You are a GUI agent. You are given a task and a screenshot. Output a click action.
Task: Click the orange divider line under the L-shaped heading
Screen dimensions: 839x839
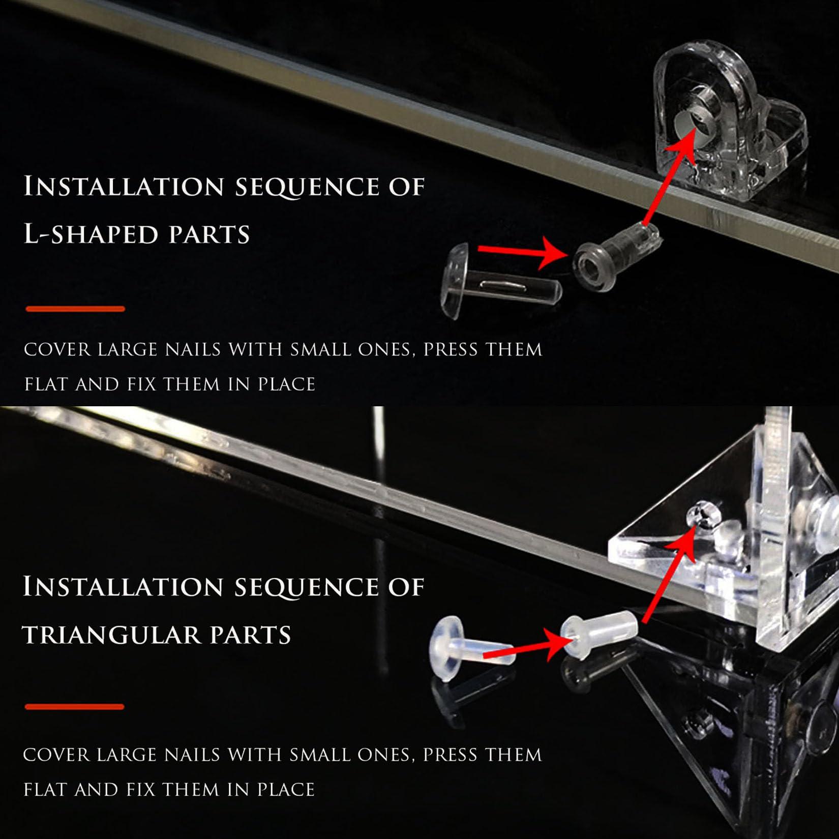[75, 309]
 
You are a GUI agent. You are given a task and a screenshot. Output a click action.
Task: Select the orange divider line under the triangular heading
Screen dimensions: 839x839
[75, 707]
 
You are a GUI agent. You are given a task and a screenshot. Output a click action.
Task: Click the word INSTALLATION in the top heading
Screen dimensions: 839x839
[124, 186]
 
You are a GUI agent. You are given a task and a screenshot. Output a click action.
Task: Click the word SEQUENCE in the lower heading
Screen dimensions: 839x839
[307, 587]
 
